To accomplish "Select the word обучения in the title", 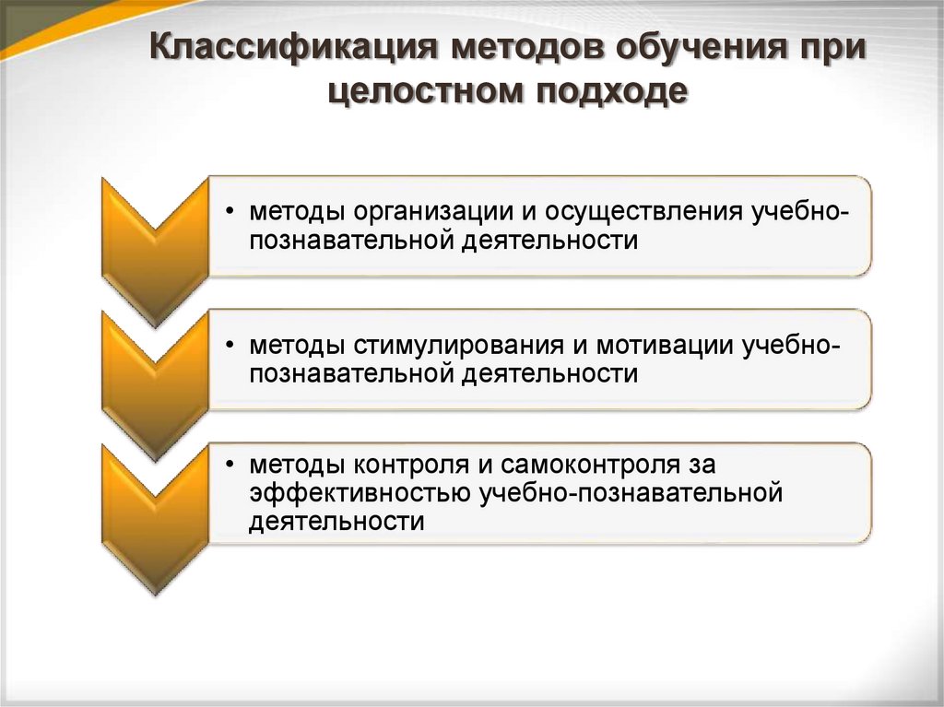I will click(x=696, y=49).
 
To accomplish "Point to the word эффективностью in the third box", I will click(x=360, y=493).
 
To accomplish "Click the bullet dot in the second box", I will click(x=229, y=346).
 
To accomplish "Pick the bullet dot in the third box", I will click(x=229, y=465).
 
